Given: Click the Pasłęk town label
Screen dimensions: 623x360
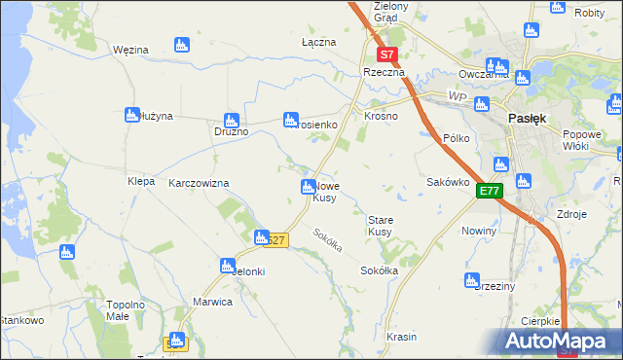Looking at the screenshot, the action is [527, 118].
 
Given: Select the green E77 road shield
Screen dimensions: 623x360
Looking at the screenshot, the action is [489, 192].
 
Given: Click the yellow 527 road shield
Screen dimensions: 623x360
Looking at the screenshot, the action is [275, 240].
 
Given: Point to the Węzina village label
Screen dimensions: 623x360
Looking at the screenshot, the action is [129, 49].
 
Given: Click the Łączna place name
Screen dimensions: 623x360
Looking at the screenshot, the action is [318, 43].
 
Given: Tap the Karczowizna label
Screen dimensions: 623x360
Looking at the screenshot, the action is [199, 183].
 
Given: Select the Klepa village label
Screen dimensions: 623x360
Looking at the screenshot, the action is [141, 182].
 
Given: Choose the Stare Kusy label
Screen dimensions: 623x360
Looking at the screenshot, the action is [380, 226].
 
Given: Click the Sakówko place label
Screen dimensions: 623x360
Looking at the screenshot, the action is [449, 182].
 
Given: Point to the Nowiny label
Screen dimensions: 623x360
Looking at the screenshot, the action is [481, 231].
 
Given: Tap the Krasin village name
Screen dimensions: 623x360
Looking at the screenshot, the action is [401, 337].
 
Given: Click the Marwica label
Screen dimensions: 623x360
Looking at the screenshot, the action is [212, 302].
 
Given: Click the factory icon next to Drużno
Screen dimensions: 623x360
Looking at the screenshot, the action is [231, 121].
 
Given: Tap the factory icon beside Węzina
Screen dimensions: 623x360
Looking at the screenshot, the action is [180, 45].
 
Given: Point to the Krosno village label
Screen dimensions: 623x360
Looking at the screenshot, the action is [382, 116].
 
